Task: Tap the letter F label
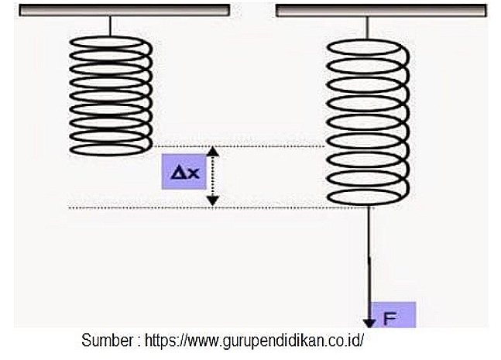point(390,317)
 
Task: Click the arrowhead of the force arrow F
point(369,321)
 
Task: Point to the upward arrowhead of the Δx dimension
point(214,151)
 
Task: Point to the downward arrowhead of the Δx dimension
point(214,201)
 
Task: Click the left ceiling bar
point(123,10)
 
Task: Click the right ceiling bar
point(381,10)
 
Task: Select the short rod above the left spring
point(111,26)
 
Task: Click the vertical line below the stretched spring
point(369,255)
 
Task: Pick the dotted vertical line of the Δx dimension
point(214,176)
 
